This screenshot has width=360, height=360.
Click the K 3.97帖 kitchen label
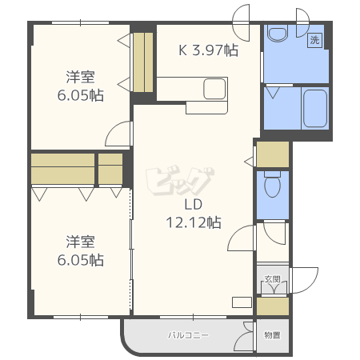pyautogui.click(x=208, y=50)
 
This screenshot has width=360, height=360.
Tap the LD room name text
pyautogui.click(x=194, y=205)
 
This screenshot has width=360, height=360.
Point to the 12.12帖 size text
pyautogui.click(x=194, y=222)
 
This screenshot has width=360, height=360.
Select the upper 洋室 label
pyautogui.click(x=80, y=77)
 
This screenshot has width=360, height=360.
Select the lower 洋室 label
pyautogui.click(x=80, y=242)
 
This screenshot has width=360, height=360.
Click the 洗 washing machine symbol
pyautogui.click(x=315, y=40)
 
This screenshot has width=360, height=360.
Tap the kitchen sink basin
pyautogui.click(x=214, y=89)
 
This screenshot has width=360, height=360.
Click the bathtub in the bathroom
pyautogui.click(x=315, y=109)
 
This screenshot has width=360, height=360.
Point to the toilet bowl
pyautogui.click(x=272, y=184)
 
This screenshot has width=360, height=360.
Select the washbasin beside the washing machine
pyautogui.click(x=278, y=34)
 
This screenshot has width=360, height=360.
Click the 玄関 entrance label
pyautogui.click(x=273, y=279)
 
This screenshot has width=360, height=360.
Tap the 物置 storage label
pyautogui.click(x=272, y=335)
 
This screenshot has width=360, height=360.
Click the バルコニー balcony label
pyautogui.click(x=188, y=335)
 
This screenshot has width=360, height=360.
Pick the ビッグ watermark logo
pyautogui.click(x=180, y=182)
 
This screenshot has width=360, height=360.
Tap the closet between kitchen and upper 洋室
pyautogui.click(x=143, y=62)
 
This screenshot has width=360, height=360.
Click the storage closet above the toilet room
pyautogui.click(x=273, y=154)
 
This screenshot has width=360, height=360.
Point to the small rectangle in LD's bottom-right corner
pyautogui.click(x=242, y=302)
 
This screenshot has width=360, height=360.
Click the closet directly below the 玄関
pyautogui.click(x=273, y=306)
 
